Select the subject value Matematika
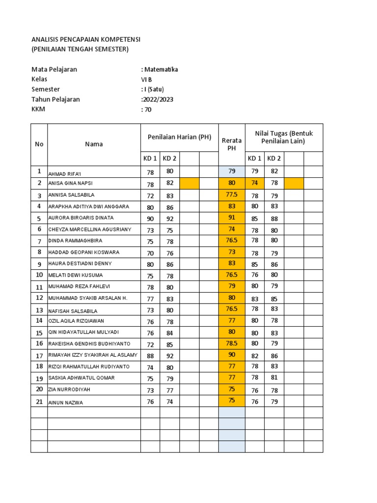[161, 69]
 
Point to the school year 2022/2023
[158, 99]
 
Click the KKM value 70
[147, 110]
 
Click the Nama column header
[94, 144]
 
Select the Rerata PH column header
[232, 144]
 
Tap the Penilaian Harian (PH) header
[179, 137]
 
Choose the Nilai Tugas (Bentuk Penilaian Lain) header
[284, 137]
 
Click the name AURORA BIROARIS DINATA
[81, 218]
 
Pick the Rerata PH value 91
[232, 218]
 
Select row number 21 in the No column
[39, 401]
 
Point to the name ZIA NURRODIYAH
[69, 390]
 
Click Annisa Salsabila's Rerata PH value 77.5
[232, 195]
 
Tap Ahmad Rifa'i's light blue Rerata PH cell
[232, 171]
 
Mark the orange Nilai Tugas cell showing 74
[255, 183]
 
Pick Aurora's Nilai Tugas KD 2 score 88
[274, 218]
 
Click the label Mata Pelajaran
[54, 69]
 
